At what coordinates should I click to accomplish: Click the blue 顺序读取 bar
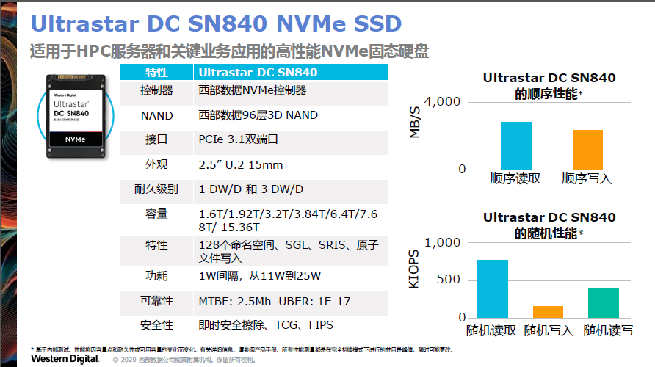(x=516, y=145)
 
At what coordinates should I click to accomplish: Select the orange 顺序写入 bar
(x=587, y=150)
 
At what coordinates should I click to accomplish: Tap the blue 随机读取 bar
(x=492, y=289)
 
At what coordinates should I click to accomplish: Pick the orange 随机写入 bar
(x=548, y=312)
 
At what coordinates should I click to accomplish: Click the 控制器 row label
(x=156, y=90)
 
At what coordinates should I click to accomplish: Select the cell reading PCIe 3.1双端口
(x=238, y=139)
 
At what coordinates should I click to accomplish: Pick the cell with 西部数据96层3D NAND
(x=258, y=115)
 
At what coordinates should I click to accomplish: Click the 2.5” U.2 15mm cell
(x=241, y=164)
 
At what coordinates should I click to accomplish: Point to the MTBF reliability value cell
(x=273, y=301)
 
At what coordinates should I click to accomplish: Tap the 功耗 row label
(x=156, y=276)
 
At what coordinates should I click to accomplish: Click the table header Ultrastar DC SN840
(x=258, y=72)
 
